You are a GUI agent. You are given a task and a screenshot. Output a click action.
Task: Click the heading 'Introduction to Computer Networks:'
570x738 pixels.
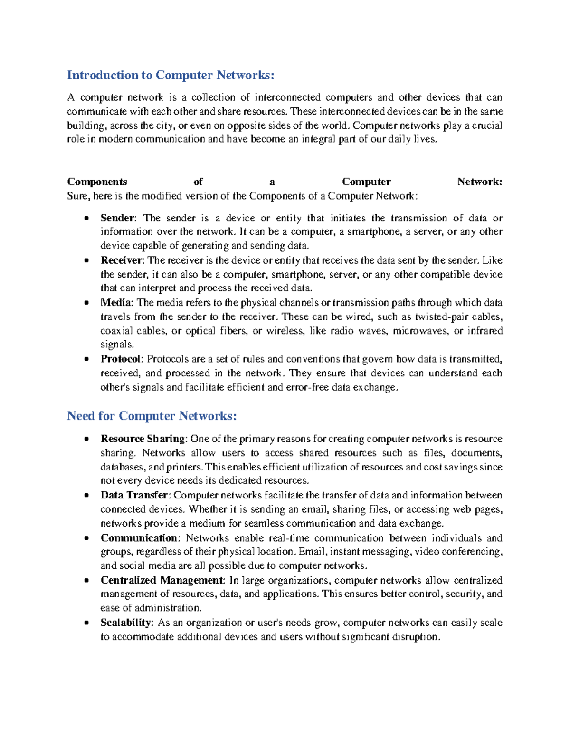coord(171,75)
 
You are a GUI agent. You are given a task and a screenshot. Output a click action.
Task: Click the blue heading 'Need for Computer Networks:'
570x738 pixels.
coord(152,416)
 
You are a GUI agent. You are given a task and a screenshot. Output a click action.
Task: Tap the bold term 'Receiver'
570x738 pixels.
coord(121,260)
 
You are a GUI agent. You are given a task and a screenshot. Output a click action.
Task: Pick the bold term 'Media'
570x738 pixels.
coord(115,303)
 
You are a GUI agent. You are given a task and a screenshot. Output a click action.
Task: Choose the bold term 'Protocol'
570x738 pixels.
coord(121,359)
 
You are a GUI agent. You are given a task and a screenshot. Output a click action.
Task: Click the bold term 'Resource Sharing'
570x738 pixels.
coord(142,439)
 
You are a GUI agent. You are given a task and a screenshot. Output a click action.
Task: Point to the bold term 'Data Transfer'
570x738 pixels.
coord(134,495)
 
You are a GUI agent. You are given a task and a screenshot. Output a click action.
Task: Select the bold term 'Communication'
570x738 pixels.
coord(139,538)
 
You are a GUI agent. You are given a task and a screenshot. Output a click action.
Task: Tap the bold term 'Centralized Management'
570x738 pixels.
coord(161,580)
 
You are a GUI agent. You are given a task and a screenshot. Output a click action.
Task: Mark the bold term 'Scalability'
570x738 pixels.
coord(125,623)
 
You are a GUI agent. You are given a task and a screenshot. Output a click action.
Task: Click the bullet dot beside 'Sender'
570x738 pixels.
coord(86,219)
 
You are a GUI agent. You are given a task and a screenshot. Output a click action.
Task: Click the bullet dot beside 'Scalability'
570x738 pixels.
coord(86,623)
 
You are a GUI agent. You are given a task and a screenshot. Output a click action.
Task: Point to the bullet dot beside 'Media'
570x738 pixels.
coord(86,303)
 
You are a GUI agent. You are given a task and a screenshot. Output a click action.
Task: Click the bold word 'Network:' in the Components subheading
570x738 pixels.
coord(479,182)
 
